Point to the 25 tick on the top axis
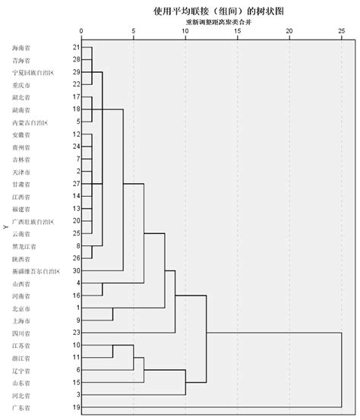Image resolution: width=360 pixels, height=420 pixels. (x=341, y=31)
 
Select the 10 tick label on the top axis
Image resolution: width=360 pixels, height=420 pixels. (x=185, y=31)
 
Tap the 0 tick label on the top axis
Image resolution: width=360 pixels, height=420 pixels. (x=81, y=31)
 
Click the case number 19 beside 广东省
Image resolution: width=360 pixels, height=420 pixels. (x=77, y=408)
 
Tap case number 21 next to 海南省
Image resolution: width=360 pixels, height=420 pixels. (x=77, y=48)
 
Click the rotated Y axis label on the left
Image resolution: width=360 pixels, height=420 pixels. (x=5, y=226)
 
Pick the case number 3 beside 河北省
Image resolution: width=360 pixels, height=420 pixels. (x=78, y=395)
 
